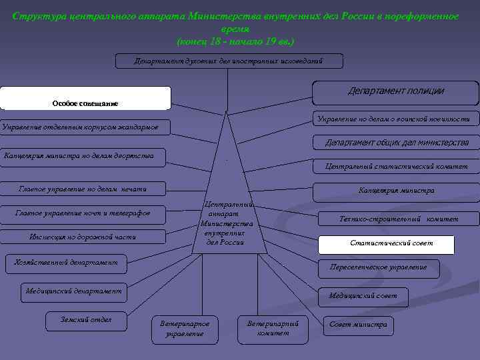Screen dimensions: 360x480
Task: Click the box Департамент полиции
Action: (396, 91)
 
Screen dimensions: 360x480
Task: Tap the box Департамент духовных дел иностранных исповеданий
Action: (229, 61)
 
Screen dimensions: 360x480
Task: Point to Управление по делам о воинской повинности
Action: (393, 119)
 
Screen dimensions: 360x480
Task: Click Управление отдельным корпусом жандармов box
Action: (85, 127)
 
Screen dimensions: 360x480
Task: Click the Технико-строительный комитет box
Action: (399, 219)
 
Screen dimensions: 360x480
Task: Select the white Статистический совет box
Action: (387, 244)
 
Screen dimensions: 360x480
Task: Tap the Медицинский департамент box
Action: (73, 291)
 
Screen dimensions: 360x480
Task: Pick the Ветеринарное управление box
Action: (185, 328)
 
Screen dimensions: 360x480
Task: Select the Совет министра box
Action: (358, 325)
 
